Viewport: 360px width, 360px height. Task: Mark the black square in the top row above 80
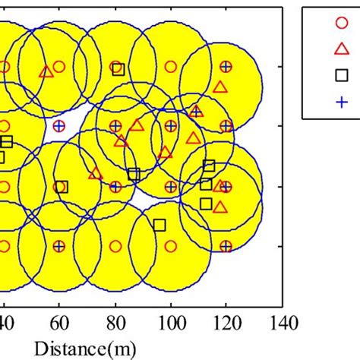pos(118,69)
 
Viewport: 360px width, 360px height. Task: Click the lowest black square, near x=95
pos(159,224)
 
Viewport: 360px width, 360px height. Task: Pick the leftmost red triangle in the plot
pos(46,71)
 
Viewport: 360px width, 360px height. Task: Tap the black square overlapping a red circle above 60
pos(62,186)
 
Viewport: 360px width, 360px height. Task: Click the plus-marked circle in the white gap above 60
pos(59,125)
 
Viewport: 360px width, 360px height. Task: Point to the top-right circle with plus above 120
pos(226,67)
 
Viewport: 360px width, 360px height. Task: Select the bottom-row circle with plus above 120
pos(226,246)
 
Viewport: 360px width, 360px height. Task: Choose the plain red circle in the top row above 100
pos(171,67)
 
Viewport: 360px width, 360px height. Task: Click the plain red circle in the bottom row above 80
pos(115,246)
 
